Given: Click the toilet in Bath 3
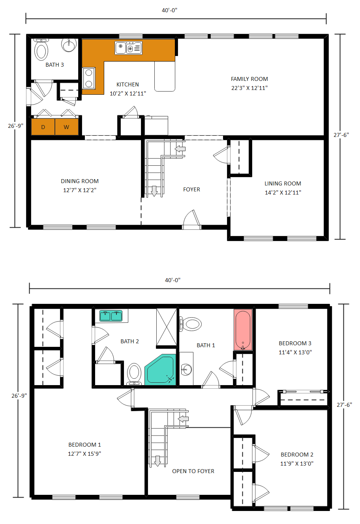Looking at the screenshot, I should coord(41,50).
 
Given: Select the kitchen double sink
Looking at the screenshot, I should coord(128,48).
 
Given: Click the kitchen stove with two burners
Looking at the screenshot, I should coord(89,78).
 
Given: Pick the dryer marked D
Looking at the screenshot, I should coord(43,127).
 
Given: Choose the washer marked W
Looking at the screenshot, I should coord(66,127).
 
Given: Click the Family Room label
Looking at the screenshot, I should coord(249,79).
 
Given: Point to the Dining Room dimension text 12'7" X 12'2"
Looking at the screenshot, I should coord(80,190).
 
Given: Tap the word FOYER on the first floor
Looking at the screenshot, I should coord(191,189).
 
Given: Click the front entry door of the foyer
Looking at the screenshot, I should coord(192,221).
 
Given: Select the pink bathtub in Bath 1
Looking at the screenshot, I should coord(243,329).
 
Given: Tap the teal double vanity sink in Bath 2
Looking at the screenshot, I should coord(111,316).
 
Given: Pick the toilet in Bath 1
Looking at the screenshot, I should coord(191,324).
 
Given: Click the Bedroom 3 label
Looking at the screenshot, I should coord(295,343).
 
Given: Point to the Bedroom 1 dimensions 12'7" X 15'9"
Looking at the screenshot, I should coord(84,454).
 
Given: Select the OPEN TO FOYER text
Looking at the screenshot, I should coord(193,471).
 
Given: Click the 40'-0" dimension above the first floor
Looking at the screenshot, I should coord(169,10).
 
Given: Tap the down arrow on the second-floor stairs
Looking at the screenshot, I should coord(157,461).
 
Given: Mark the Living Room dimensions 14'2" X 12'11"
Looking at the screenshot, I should coord(283,193).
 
